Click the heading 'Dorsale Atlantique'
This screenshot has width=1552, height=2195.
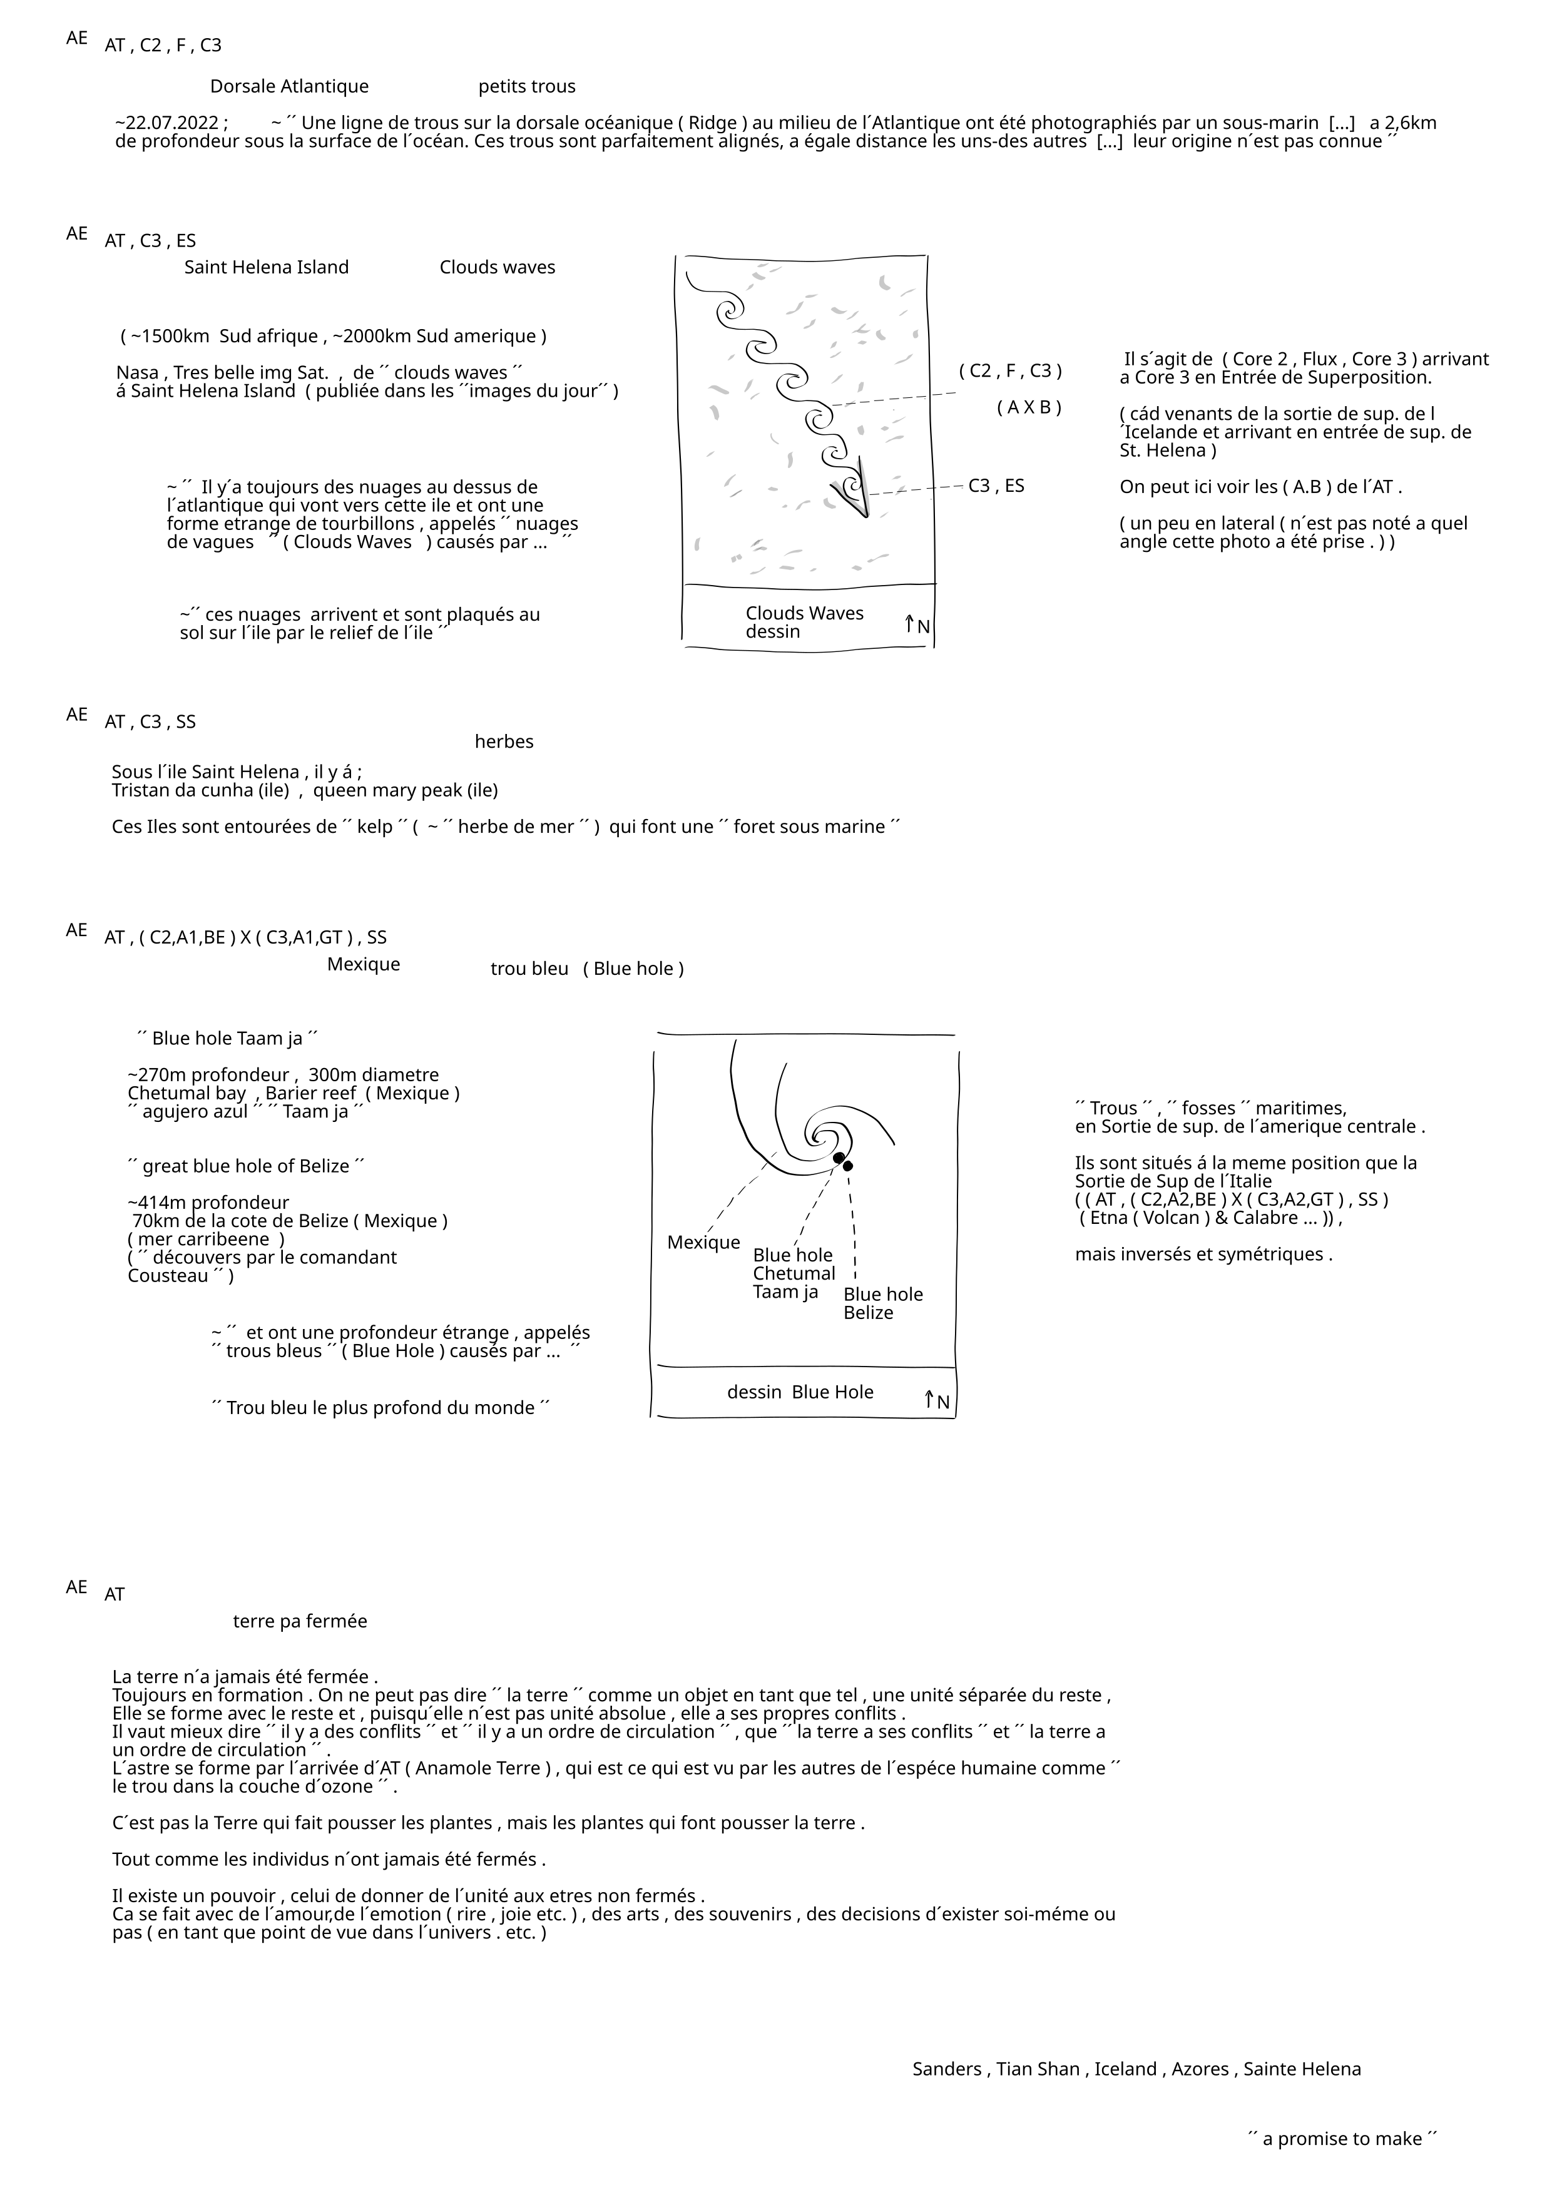(288, 87)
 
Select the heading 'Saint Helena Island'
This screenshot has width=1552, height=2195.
(266, 268)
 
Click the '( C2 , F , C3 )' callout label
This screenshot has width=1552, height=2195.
(1010, 371)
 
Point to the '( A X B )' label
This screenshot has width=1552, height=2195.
(1028, 407)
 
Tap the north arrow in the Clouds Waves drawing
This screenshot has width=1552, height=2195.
(916, 625)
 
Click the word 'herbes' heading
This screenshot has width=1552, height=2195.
(504, 742)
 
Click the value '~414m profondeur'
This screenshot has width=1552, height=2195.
(208, 1203)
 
